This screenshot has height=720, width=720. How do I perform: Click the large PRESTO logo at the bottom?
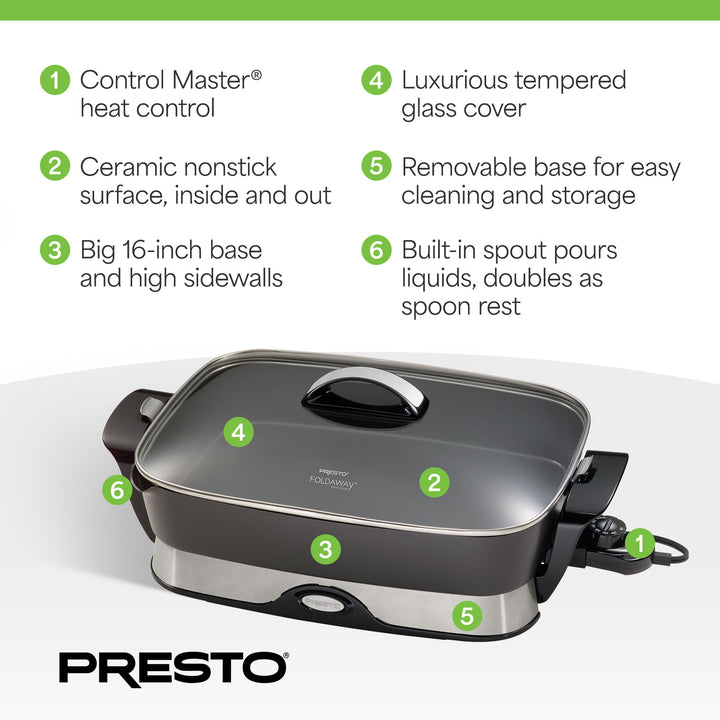click(173, 667)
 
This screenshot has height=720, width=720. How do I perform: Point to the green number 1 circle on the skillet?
click(640, 543)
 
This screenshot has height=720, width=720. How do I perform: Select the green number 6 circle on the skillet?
click(117, 490)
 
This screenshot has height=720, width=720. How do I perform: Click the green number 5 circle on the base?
click(467, 615)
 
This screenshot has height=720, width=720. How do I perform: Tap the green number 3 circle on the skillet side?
click(323, 548)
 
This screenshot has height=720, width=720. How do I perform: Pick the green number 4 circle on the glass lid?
click(238, 432)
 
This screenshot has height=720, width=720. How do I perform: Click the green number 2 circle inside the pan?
click(433, 482)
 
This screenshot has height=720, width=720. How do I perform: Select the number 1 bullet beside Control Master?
click(54, 80)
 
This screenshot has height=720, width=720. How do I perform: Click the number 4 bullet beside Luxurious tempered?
click(376, 80)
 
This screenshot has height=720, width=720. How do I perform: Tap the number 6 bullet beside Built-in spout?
click(376, 249)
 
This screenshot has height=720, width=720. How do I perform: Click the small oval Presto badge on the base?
click(322, 602)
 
